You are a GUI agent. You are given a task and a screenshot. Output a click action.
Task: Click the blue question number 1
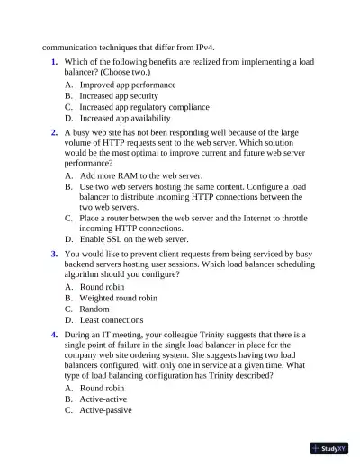coord(54,62)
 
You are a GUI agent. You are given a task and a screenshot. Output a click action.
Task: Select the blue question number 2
coord(54,131)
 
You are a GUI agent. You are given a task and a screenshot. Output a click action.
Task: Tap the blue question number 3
coord(54,255)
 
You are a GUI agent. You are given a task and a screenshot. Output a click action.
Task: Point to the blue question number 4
coord(54,334)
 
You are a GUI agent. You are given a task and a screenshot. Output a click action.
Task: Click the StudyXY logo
coord(329,448)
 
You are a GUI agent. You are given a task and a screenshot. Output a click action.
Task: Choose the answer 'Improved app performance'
coord(127,85)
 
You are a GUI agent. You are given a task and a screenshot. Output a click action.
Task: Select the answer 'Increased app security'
coord(119,95)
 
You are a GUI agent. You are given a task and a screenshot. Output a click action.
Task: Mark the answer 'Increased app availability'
coord(124,118)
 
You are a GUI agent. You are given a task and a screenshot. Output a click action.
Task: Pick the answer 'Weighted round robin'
coord(118,298)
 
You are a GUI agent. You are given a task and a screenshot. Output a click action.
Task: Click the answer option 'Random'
coord(94,309)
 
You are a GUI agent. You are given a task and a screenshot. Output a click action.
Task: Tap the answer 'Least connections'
coord(112,319)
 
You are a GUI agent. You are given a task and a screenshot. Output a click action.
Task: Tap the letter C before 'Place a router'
coord(69,218)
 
